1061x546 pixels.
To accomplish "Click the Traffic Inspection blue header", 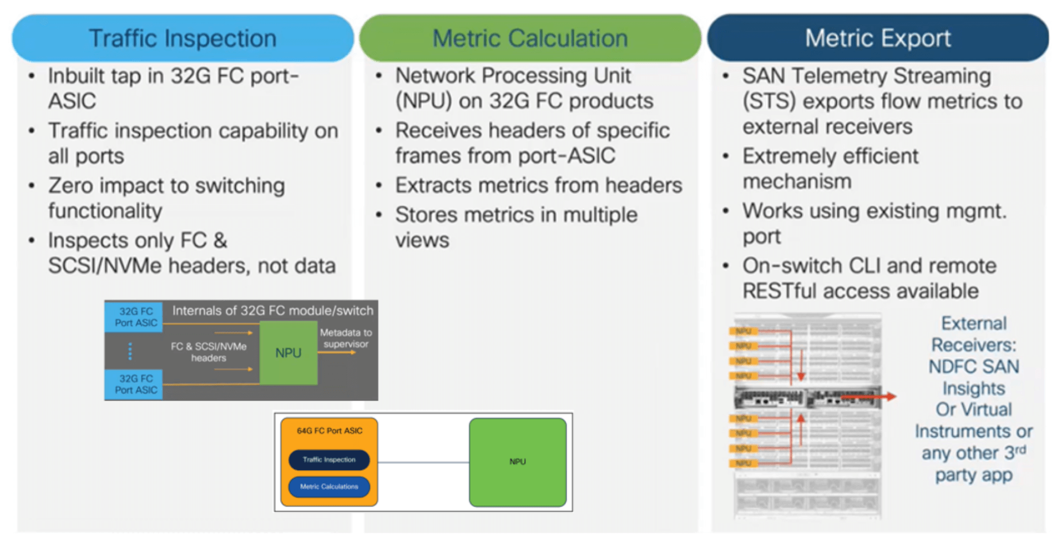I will tap(182, 39).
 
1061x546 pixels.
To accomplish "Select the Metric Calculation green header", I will tap(529, 39).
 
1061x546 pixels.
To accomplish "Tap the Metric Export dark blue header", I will tap(877, 39).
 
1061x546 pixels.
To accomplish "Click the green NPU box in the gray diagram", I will tap(288, 353).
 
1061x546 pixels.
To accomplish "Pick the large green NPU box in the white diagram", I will tap(517, 462).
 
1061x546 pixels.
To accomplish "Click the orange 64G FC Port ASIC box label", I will tap(329, 430).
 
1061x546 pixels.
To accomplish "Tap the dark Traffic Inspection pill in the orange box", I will tap(329, 460).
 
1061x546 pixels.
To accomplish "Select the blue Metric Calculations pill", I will tap(329, 487).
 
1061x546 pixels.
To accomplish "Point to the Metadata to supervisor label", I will tap(345, 339).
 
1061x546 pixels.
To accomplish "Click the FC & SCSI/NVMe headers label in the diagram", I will tap(208, 352).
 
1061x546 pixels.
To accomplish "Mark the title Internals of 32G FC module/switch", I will tap(272, 311).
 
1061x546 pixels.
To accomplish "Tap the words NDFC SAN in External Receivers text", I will tap(973, 367).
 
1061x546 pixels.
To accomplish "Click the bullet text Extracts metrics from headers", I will tap(538, 186).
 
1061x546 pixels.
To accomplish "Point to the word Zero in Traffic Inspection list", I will tap(72, 186).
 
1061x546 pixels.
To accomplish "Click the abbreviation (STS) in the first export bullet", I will tap(769, 102).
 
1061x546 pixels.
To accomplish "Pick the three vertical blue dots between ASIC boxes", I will tap(130, 351).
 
